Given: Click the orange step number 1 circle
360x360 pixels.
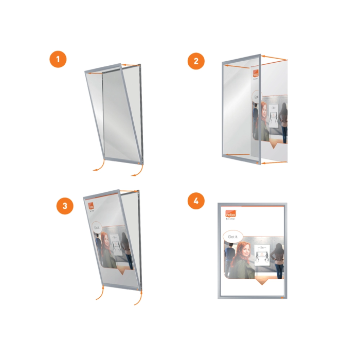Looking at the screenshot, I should tap(58, 59).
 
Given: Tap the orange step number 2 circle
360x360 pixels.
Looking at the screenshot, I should tap(196, 62).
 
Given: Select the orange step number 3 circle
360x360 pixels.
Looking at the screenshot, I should tap(65, 206).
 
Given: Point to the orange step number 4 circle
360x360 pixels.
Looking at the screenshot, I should tap(195, 201).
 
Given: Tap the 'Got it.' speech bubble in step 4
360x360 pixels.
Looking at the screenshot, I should tap(233, 236).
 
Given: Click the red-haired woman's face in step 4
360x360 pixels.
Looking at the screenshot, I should tap(245, 254).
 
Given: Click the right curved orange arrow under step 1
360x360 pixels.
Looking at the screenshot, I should tap(137, 171).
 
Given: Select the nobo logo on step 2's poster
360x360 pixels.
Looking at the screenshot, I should tap(256, 75).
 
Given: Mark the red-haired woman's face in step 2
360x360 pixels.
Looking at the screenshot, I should tap(263, 109).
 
